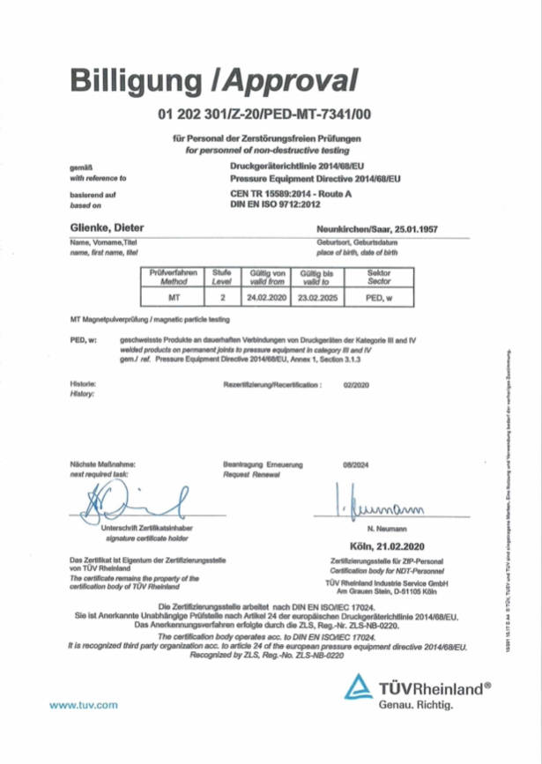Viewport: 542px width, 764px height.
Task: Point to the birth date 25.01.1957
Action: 415,229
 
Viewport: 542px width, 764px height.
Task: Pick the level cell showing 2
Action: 222,298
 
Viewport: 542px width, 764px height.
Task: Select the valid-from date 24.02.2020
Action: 266,298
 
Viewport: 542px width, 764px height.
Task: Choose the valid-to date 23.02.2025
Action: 315,298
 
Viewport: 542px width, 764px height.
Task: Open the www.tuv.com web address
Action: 84,706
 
